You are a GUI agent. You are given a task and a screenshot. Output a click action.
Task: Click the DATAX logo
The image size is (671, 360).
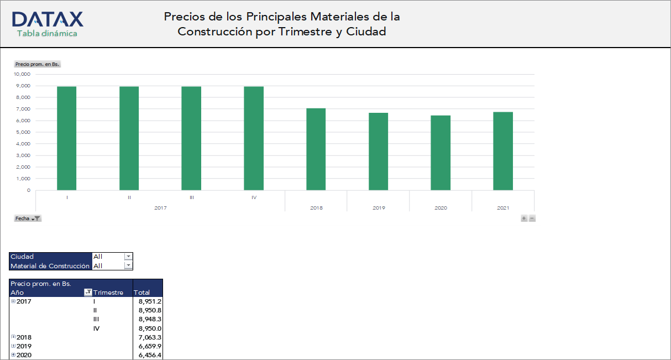pos(47,20)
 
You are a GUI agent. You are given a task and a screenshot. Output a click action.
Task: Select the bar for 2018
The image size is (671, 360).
pos(316,149)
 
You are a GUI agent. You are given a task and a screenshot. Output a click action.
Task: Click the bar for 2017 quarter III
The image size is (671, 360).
pos(191,138)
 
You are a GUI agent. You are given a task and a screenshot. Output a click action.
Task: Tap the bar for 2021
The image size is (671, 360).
pos(503,151)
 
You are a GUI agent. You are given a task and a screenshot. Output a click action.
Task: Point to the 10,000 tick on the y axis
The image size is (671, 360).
pos(22,74)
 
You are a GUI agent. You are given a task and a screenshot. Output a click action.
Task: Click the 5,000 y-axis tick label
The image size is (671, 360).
pos(23,132)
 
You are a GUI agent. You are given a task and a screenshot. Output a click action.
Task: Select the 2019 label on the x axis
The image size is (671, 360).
pos(379,208)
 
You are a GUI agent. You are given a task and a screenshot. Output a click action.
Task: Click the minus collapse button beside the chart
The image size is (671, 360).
pos(532,218)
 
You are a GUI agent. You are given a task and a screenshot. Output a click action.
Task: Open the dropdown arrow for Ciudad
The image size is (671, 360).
pos(128,257)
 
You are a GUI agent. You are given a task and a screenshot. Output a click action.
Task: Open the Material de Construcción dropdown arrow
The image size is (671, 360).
pos(128,266)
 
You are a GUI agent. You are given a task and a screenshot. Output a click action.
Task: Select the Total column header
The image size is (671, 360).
pos(142,293)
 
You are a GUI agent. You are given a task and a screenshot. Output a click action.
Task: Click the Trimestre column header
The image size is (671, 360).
pos(108,293)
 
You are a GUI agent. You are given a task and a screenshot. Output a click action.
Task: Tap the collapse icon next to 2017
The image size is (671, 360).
pos(13,301)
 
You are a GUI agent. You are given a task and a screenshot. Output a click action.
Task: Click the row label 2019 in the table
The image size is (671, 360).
pos(24,346)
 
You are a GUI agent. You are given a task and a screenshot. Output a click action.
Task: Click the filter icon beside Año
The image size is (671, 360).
pos(87,293)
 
